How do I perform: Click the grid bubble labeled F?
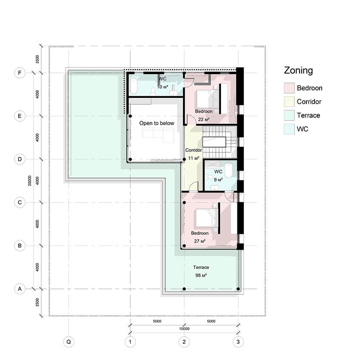[20, 73]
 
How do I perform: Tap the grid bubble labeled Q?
[69, 342]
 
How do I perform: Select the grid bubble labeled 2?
[184, 342]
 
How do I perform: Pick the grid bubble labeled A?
[20, 289]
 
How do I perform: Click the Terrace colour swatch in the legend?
[289, 115]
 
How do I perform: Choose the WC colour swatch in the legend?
[289, 129]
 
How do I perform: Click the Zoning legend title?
[298, 71]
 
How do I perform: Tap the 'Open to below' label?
[157, 123]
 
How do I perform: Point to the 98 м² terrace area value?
[201, 275]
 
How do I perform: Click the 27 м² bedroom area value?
[200, 241]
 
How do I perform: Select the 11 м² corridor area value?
[194, 158]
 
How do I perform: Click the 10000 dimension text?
[184, 329]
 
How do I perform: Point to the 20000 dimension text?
[30, 181]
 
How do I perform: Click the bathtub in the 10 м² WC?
[134, 86]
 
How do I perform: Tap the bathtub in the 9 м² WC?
[229, 170]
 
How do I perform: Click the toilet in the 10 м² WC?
[153, 91]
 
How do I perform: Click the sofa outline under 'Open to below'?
[158, 135]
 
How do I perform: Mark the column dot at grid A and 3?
[238, 289]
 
